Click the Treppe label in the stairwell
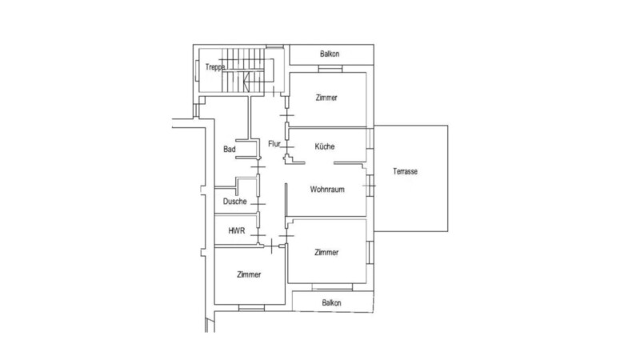[x=214, y=67]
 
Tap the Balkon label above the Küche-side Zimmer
[x=330, y=54]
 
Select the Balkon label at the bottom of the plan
[x=331, y=303]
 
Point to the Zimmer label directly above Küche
[x=326, y=98]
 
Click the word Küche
[x=325, y=146]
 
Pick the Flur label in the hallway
[x=274, y=144]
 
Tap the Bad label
[x=230, y=150]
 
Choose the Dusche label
[x=234, y=202]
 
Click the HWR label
[x=237, y=230]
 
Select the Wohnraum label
[x=327, y=190]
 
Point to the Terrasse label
[x=406, y=171]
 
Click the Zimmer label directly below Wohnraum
[x=326, y=252]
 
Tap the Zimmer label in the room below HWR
[x=249, y=274]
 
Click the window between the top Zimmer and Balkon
[x=330, y=70]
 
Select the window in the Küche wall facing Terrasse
[x=370, y=138]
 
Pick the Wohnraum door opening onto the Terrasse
[x=370, y=186]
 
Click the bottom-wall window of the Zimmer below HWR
[x=251, y=307]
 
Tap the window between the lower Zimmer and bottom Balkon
[x=332, y=287]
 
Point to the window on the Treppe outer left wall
[x=197, y=70]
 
